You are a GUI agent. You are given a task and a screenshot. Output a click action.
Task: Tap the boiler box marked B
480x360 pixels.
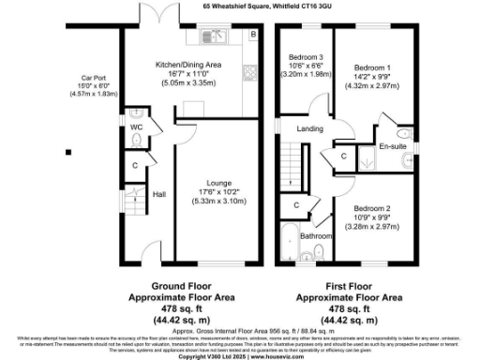252,36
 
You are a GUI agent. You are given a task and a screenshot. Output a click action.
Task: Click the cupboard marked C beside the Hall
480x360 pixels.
135,167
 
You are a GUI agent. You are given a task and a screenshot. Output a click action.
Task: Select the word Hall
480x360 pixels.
159,195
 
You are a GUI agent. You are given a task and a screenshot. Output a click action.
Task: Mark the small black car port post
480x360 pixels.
67,151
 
